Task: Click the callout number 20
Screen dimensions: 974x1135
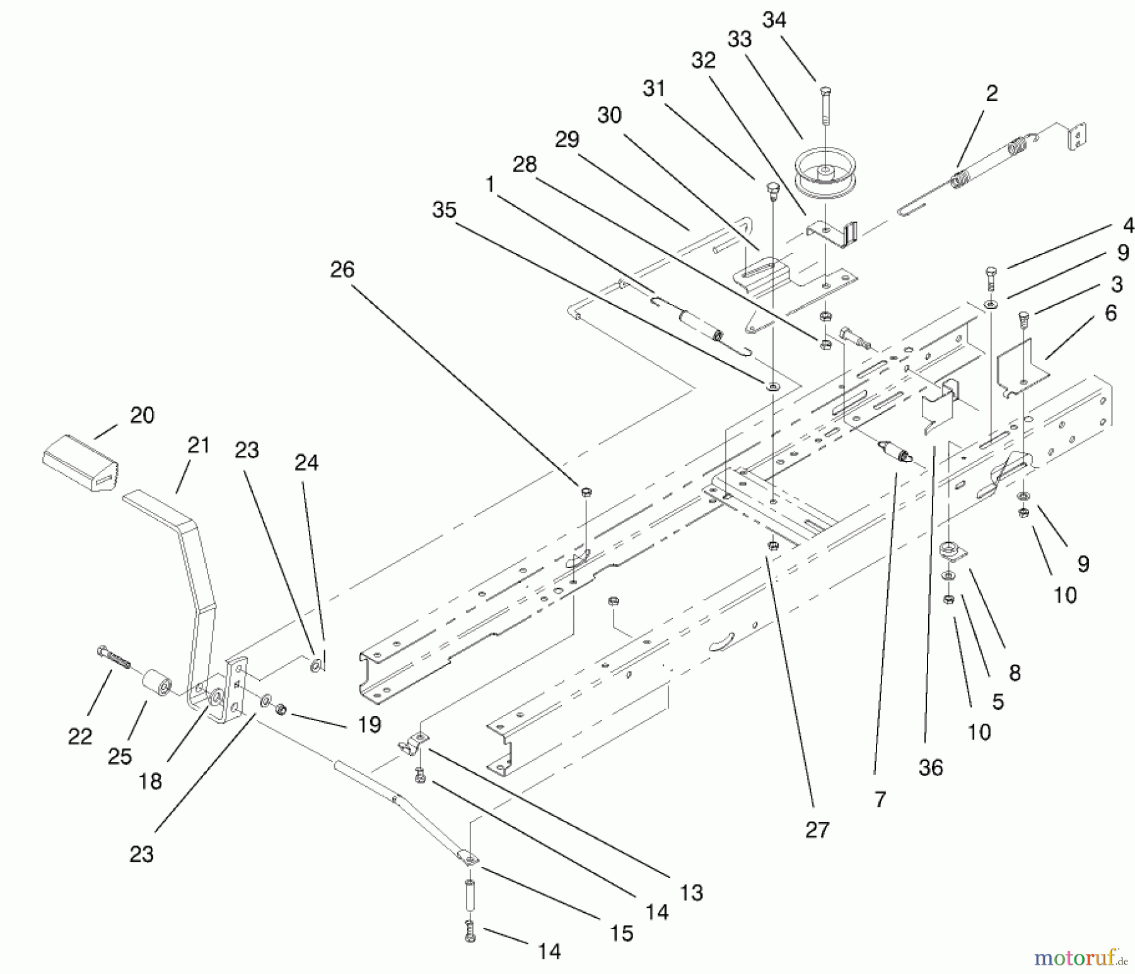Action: click(142, 415)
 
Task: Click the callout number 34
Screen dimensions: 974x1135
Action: click(774, 20)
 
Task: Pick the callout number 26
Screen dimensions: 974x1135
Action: click(342, 270)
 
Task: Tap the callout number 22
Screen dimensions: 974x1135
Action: click(80, 736)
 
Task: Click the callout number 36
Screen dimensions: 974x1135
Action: click(931, 767)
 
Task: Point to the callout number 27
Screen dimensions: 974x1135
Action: click(817, 830)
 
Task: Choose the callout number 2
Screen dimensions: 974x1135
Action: click(992, 94)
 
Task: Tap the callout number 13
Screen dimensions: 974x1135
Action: click(692, 892)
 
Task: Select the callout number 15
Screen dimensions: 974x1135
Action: click(622, 934)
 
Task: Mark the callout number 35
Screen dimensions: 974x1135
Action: click(444, 210)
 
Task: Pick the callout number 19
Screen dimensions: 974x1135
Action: click(370, 725)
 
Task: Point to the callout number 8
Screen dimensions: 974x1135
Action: click(1015, 673)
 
